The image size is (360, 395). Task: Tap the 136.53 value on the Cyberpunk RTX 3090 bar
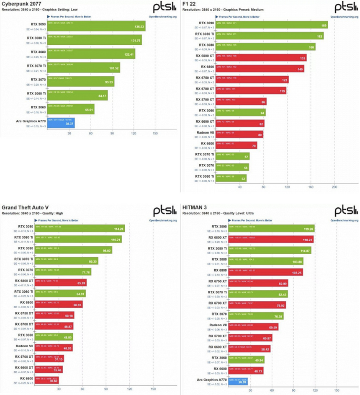[x=139, y=27]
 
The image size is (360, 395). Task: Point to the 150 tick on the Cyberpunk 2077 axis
[x=155, y=133]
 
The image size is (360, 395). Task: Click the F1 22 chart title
[x=189, y=4]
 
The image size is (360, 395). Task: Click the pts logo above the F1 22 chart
[x=345, y=8]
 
